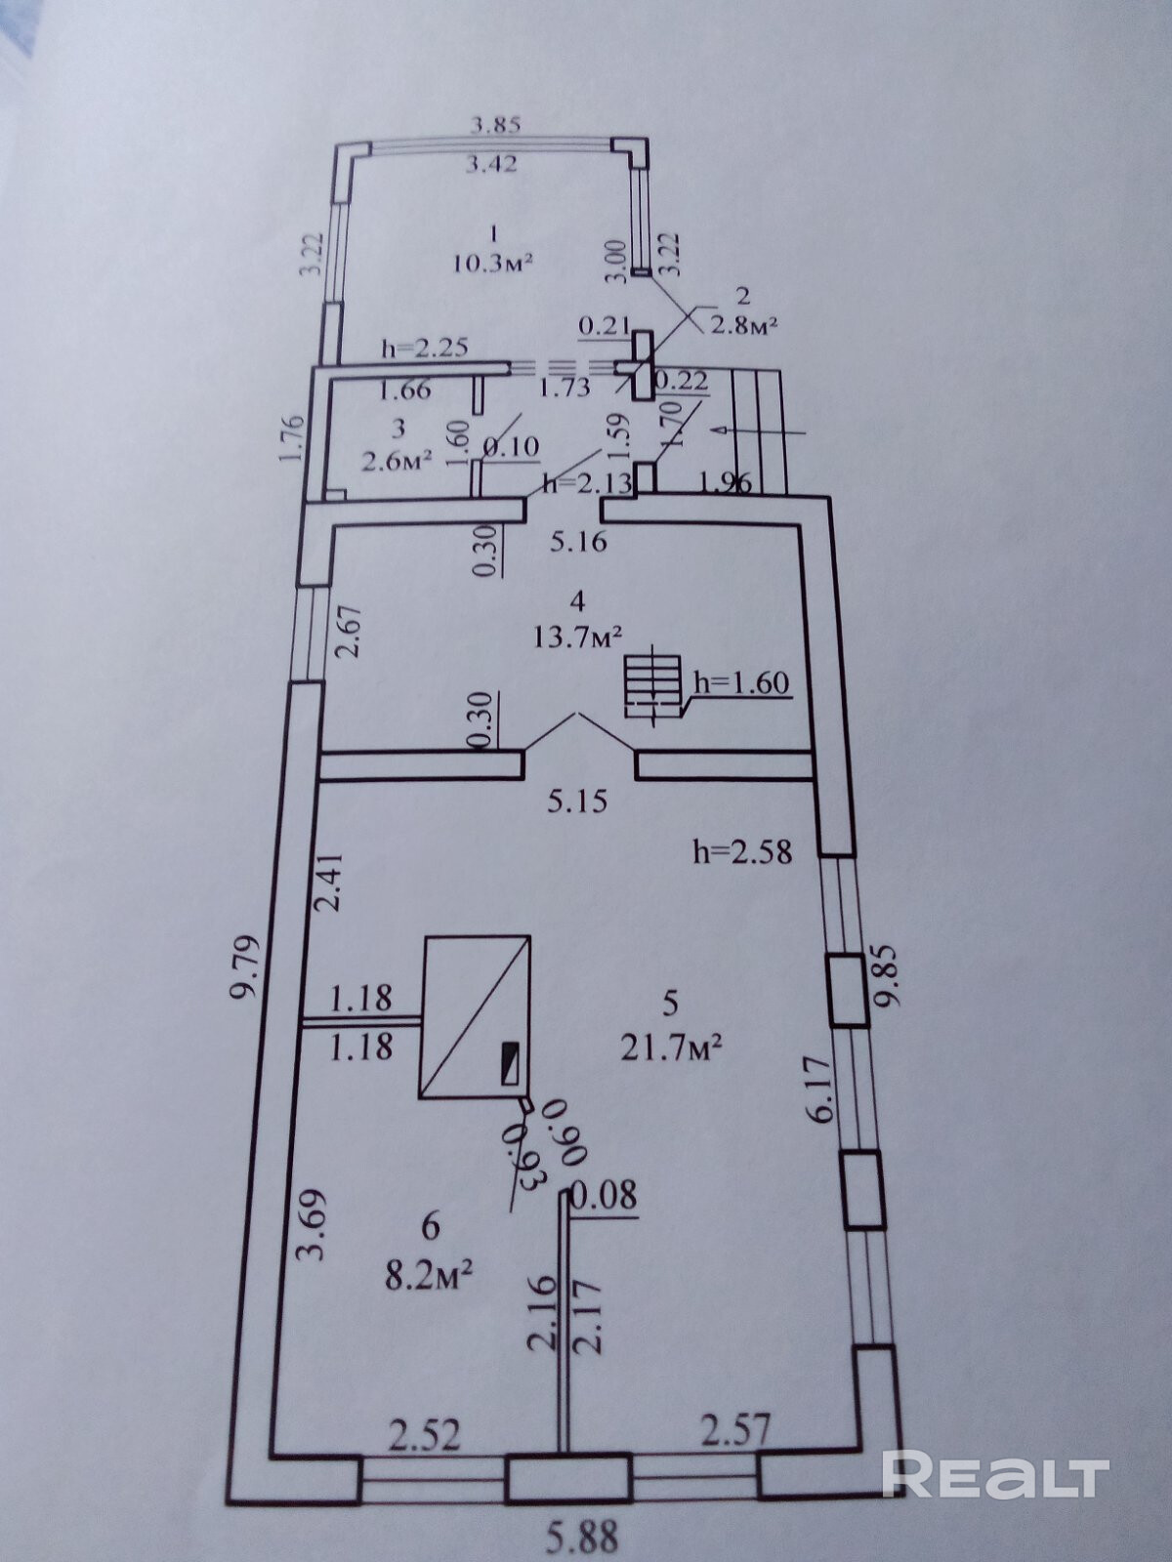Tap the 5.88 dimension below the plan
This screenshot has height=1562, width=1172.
click(581, 1536)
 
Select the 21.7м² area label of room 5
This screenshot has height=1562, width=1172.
click(672, 1067)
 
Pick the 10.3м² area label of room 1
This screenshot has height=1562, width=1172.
click(492, 264)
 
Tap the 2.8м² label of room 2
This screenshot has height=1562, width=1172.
click(741, 326)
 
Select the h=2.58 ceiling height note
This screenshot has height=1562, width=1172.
click(742, 851)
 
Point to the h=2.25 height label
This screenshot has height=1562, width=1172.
click(424, 348)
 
